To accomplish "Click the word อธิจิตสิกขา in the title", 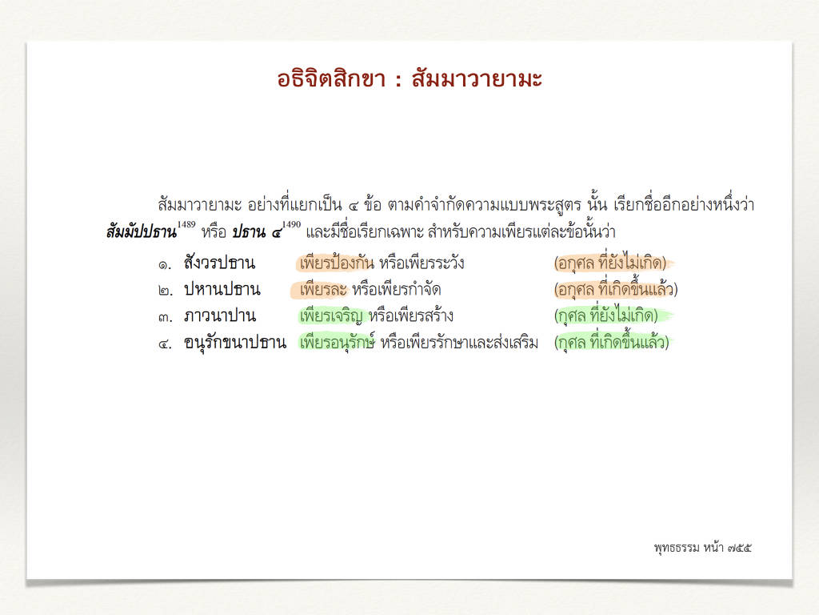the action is pos(331,79).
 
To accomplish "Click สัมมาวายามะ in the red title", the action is pos(477,79).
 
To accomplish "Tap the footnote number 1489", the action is pos(186,224).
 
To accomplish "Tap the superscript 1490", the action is pos(291,224).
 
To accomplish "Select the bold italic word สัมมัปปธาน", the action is pos(142,231).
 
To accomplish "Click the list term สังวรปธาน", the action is pos(219,263).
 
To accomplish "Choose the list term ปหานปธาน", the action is pos(222,289).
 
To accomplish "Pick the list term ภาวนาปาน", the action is pos(220,316).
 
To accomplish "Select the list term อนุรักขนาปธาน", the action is pos(235,343).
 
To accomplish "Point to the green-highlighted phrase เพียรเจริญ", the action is pos(331,316).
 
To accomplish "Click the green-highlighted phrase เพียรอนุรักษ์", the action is pos(337,343).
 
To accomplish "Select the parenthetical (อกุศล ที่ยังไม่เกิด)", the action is pos(610,263).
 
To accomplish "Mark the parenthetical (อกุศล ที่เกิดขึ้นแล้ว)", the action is pos(616,289).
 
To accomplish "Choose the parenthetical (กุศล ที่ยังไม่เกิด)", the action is pos(606,316).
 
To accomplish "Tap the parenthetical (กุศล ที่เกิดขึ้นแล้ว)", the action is pos(611,343).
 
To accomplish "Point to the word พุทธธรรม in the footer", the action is pos(677,548).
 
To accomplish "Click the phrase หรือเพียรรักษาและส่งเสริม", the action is pos(459,343).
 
